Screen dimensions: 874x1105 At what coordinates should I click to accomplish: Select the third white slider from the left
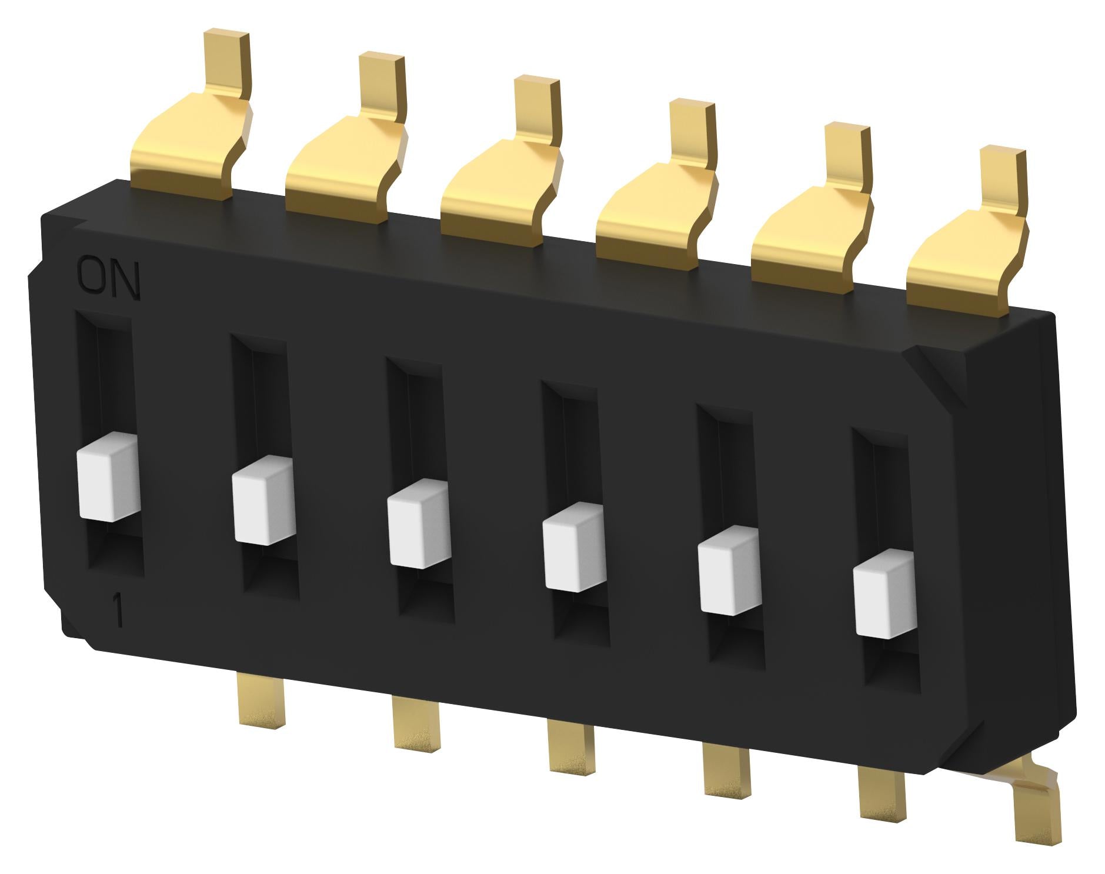point(418,524)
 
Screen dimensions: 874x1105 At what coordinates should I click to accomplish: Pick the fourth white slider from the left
point(573,547)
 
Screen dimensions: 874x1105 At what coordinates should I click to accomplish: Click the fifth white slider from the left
point(728,571)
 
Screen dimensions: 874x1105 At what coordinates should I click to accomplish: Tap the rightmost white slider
point(884,594)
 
